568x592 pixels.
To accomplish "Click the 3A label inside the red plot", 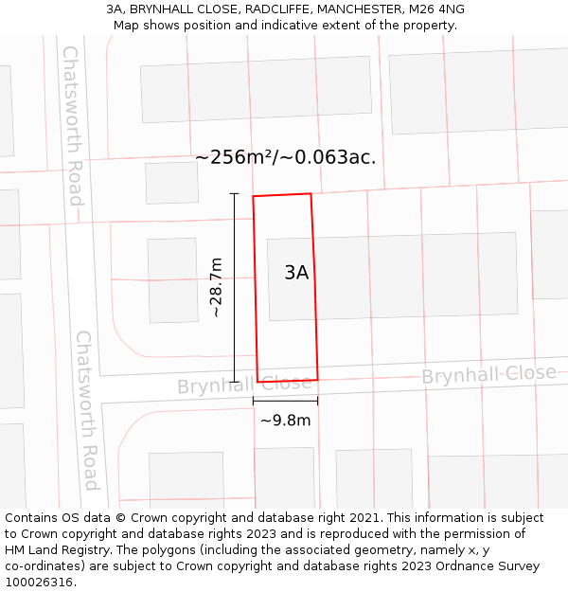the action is click(296, 273).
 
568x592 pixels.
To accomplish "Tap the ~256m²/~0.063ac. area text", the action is click(285, 157).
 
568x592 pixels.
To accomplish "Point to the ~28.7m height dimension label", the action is click(216, 286).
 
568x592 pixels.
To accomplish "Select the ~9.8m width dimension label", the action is click(285, 421).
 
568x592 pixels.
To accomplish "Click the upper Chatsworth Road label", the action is click(73, 125).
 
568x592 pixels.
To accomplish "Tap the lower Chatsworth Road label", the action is click(86, 409).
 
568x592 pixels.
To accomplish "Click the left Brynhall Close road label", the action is click(244, 385).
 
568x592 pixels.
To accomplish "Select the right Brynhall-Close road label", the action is click(488, 374).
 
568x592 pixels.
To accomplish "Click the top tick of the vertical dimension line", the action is click(234, 193).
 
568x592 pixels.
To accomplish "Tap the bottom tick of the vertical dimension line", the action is click(234, 382).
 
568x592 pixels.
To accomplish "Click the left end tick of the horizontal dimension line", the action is click(253, 402).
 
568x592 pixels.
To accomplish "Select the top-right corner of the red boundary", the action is click(311, 194).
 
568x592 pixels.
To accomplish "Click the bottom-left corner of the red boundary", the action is click(257, 382).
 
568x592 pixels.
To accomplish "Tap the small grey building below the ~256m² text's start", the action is click(171, 183).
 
